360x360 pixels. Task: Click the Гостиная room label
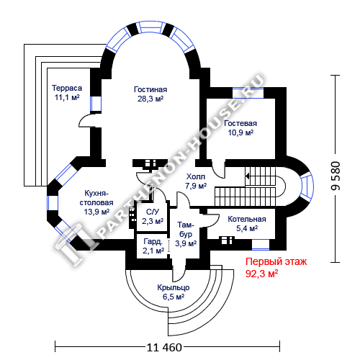[x=150, y=89]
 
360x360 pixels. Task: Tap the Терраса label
[x=67, y=88]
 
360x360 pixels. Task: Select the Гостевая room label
[x=240, y=123]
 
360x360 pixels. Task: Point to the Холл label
[x=196, y=176]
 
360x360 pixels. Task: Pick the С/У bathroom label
[x=153, y=212]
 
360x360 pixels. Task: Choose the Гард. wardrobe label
[x=153, y=241]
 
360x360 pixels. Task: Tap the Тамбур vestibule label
[x=186, y=230]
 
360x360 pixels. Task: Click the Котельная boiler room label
[x=247, y=219]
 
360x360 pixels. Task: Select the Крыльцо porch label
[x=174, y=287]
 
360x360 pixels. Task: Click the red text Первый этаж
[x=276, y=261]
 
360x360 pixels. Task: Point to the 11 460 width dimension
[x=164, y=347]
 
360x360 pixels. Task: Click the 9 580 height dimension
[x=336, y=176]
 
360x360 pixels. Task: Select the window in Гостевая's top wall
[x=248, y=93]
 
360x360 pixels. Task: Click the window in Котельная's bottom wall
[x=261, y=244]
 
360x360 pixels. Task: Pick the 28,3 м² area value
[x=150, y=99]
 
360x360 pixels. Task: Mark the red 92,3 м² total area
[x=262, y=274]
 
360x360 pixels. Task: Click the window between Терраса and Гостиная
[x=96, y=104]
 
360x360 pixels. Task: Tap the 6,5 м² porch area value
[x=174, y=297]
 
